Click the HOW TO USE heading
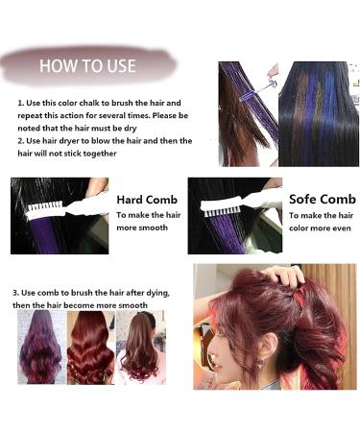point(87,66)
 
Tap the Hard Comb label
point(147,200)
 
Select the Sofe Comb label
point(323,199)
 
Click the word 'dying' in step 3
point(158,293)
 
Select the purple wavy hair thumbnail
point(40,347)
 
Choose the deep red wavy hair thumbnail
point(90,348)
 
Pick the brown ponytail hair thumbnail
point(141,347)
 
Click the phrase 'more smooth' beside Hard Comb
point(142,228)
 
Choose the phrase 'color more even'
point(320,228)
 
